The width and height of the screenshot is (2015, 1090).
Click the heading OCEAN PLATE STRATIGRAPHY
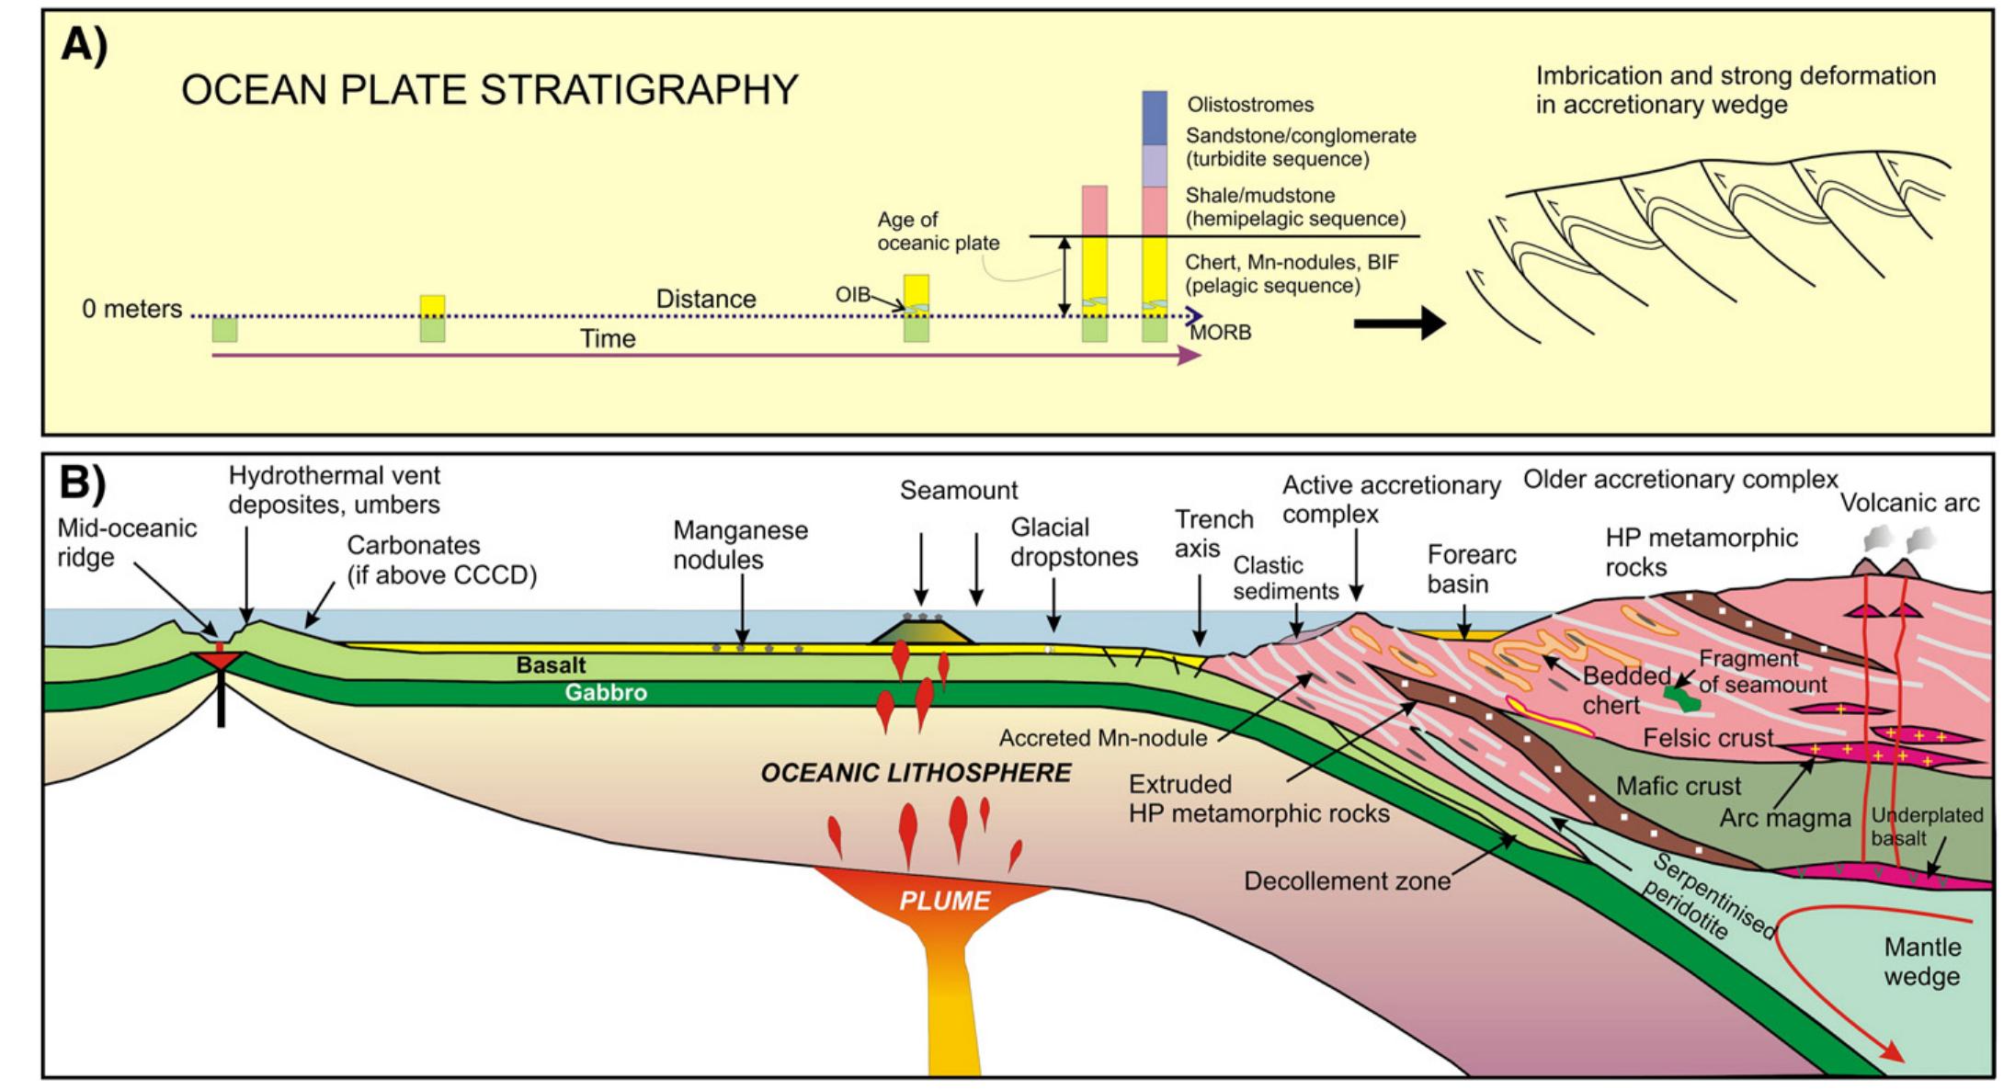[489, 90]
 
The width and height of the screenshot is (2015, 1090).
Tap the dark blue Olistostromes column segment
[1154, 118]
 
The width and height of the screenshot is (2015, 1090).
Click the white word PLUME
[944, 901]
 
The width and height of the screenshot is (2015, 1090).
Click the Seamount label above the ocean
[958, 491]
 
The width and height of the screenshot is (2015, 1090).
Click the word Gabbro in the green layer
[605, 693]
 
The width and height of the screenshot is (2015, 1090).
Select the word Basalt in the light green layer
[551, 664]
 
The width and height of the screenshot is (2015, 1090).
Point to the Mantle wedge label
[1920, 961]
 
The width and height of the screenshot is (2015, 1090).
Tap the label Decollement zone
[1347, 881]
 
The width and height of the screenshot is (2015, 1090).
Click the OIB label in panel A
[851, 295]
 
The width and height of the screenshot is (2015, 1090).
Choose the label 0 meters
[131, 309]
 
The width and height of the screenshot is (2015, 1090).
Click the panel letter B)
[85, 483]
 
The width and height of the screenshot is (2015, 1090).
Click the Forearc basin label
[1471, 569]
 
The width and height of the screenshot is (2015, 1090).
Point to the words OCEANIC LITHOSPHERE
[916, 773]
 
